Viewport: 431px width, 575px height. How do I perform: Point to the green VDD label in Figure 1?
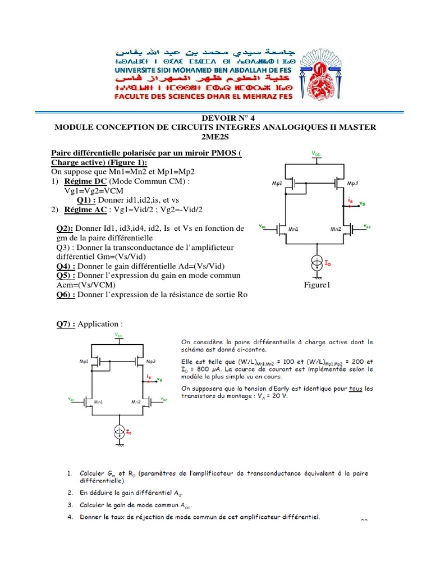click(x=317, y=153)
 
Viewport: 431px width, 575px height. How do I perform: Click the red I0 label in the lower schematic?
click(x=129, y=432)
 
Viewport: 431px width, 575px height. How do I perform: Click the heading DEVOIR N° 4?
click(x=215, y=118)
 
